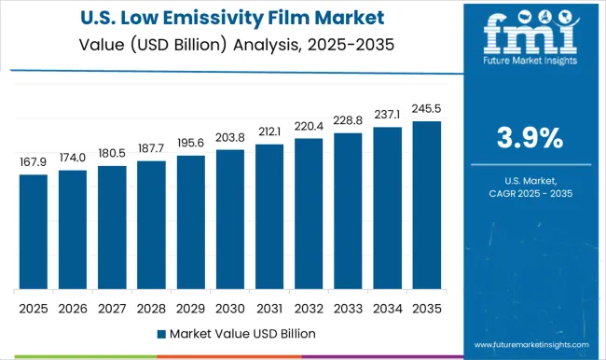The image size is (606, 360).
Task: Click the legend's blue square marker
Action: point(161,333)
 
